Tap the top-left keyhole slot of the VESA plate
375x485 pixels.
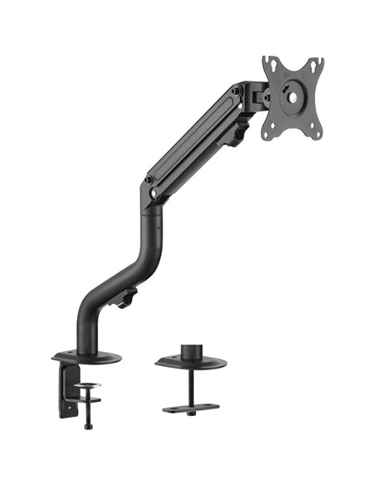[270, 66]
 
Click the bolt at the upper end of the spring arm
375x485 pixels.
[236, 91]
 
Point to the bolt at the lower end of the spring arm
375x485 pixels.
[150, 179]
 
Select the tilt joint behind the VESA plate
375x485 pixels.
[264, 97]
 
